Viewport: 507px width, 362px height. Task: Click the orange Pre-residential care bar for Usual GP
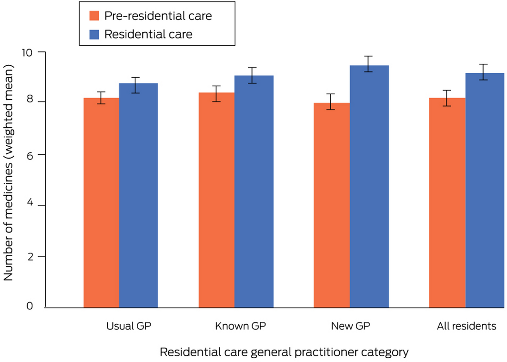pyautogui.click(x=101, y=202)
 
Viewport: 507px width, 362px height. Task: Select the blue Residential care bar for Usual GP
pyautogui.click(x=138, y=195)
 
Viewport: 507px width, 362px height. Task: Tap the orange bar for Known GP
pyautogui.click(x=216, y=200)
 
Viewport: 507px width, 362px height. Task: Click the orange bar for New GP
pyautogui.click(x=332, y=205)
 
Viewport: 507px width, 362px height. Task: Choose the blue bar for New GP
pyautogui.click(x=369, y=186)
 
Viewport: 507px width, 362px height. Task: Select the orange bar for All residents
pyautogui.click(x=447, y=202)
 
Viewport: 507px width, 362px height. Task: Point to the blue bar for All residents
pyautogui.click(x=484, y=190)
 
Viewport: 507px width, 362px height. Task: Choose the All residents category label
pyautogui.click(x=466, y=326)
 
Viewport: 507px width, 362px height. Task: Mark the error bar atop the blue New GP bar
pyautogui.click(x=368, y=64)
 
